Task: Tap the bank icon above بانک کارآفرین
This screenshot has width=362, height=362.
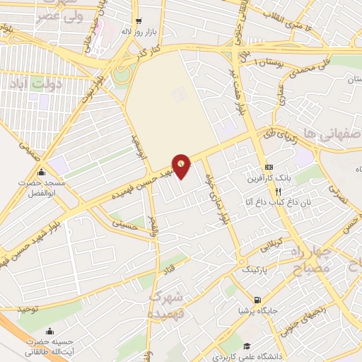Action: pyautogui.click(x=268, y=165)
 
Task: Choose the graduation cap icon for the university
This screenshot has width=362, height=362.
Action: pyautogui.click(x=247, y=346)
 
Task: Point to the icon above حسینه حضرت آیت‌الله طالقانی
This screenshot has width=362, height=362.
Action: pyautogui.click(x=49, y=331)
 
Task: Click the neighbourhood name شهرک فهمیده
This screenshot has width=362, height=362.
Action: pyautogui.click(x=167, y=303)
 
